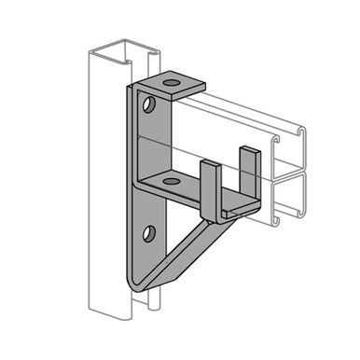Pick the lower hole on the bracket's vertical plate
tap(148, 233)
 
